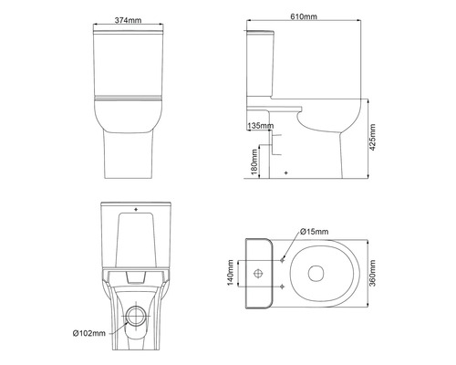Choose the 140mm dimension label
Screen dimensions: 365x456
click(231, 272)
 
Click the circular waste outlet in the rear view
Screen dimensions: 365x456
click(137, 315)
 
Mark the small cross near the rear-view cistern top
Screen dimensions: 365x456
click(136, 211)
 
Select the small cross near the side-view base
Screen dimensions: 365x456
click(285, 172)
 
